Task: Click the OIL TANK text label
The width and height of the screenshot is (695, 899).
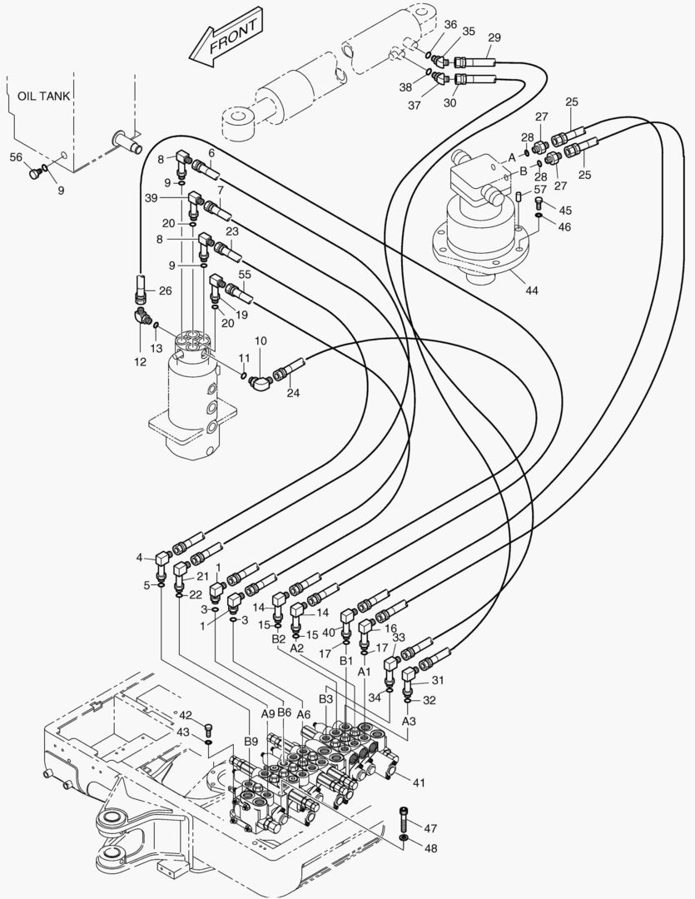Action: tap(44, 96)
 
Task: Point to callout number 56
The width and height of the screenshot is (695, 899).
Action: tap(16, 156)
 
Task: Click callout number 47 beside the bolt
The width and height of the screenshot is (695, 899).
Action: tap(430, 828)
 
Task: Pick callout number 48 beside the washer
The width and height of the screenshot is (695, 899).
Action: tap(430, 849)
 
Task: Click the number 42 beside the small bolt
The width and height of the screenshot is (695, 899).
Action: tap(185, 715)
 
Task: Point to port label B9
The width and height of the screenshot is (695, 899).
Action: tap(251, 741)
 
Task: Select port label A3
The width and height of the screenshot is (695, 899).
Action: tap(408, 721)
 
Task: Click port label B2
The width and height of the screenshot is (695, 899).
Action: tap(279, 639)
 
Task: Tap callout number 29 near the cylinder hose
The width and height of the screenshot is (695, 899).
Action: tap(494, 37)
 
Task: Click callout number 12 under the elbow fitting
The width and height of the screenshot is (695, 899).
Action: tap(140, 362)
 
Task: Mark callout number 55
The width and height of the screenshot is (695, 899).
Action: tap(245, 274)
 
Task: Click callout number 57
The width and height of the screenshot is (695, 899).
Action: tap(540, 191)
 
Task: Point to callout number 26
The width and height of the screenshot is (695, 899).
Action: tap(164, 291)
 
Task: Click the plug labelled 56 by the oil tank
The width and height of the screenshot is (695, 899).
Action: tap(34, 174)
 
